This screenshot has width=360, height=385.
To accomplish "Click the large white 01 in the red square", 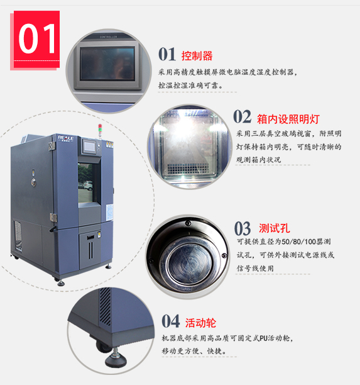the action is click(37, 39).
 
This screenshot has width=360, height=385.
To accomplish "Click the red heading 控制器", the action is click(197, 56).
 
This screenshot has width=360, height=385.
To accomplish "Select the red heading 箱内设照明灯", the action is click(288, 119).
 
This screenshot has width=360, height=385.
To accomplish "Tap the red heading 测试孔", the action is click(275, 228).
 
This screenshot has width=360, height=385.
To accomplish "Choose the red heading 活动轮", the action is click(200, 323).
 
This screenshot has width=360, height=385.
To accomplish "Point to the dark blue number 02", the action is click(243, 116).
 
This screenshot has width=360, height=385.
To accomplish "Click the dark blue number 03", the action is click(243, 228).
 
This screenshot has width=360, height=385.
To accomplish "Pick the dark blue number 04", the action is click(171, 321).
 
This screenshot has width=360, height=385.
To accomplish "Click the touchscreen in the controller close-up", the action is click(107, 64).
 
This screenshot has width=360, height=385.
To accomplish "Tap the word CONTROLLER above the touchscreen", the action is click(109, 37).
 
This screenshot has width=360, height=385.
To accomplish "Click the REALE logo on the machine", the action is click(66, 138).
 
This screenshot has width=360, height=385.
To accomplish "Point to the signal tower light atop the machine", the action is click(100, 130).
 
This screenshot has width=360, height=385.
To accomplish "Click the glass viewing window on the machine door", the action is click(85, 182).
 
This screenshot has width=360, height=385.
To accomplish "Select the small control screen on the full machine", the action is click(90, 147).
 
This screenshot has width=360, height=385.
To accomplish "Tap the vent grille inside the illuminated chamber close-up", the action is click(188, 168).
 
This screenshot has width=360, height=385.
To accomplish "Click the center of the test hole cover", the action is click(189, 263).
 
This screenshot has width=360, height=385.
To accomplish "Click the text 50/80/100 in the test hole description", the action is click(298, 242).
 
